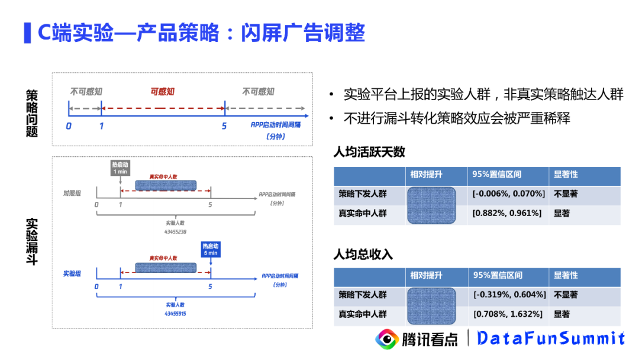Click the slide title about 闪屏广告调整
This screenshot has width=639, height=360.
(x=201, y=32)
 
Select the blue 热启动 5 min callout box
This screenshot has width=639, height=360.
(x=210, y=249)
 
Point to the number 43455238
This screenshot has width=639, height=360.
(x=176, y=232)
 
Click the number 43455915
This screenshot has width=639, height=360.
(x=176, y=313)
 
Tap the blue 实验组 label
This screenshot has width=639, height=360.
(x=72, y=274)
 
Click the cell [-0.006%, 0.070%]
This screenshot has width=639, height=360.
(x=507, y=194)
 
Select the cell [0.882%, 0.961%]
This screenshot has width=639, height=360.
(x=507, y=213)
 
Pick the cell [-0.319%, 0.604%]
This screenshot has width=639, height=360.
(x=507, y=295)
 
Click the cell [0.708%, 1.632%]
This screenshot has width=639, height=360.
(x=507, y=314)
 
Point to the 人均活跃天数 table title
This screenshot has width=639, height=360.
(x=369, y=152)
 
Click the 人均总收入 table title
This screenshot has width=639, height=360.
(x=363, y=255)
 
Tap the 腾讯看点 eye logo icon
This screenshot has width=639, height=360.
(x=388, y=339)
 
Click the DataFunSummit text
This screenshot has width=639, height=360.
(x=551, y=338)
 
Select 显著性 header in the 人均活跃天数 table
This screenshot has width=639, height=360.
(x=566, y=175)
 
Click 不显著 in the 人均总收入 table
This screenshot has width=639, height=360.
(x=566, y=295)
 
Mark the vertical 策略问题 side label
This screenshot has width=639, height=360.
(x=32, y=113)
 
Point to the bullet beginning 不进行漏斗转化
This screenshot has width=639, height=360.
(x=457, y=118)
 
